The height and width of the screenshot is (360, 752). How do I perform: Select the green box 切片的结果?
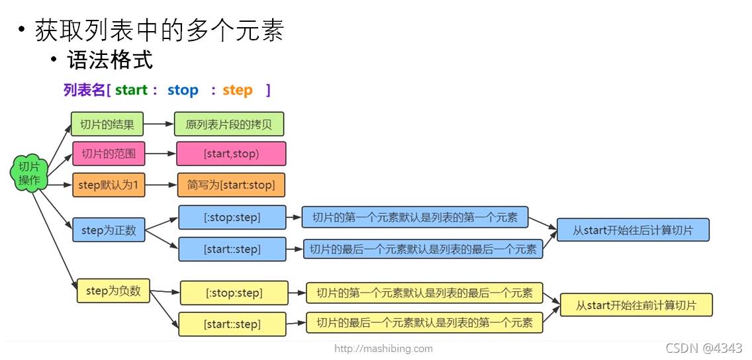107,124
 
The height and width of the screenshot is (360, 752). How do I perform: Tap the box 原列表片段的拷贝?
229,124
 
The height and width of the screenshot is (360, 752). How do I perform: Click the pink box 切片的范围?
109,154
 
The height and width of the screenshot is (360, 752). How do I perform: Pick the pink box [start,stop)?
231,154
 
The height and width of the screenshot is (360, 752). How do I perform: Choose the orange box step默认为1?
108,185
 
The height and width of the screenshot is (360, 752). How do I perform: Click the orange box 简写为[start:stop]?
231,185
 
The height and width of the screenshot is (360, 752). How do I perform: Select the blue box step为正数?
109,230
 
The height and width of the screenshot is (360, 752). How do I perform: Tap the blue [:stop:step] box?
232,217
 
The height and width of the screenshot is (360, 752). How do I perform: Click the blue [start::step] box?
232,249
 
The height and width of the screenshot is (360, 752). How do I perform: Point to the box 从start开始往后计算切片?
632,230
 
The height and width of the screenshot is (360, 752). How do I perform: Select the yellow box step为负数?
113,291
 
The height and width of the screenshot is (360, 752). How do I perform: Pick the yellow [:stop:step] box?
234,292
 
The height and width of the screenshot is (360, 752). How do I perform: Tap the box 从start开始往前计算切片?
635,305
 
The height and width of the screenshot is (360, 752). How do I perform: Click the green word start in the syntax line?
132,90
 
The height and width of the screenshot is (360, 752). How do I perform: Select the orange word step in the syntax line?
238,90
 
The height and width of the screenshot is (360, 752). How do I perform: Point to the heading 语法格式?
110,61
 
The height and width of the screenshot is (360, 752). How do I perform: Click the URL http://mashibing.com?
383,348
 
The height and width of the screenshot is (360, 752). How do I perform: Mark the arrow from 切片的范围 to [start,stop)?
160,154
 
